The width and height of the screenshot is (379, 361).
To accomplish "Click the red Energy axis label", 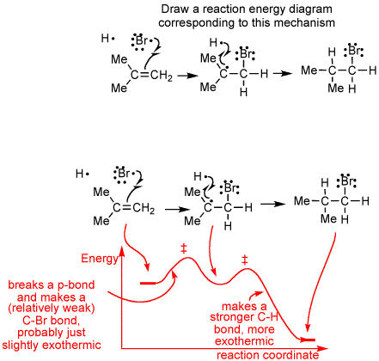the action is point(100,259).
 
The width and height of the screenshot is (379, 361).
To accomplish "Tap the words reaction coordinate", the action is point(267,355).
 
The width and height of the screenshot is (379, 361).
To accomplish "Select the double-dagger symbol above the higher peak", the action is point(184,248).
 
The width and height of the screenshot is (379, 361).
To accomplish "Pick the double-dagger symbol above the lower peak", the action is point(244,260).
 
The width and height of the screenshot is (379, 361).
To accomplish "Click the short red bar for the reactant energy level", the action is point(148,284).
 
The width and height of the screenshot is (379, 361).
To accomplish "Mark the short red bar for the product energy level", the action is point(308,340).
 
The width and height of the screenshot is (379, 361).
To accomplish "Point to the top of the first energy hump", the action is point(187,258).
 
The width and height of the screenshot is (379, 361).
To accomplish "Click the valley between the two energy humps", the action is point(222,284).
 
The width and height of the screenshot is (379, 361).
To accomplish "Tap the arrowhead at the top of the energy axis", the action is point(122,250).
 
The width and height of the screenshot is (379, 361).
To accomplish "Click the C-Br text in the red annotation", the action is point(36,321).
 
